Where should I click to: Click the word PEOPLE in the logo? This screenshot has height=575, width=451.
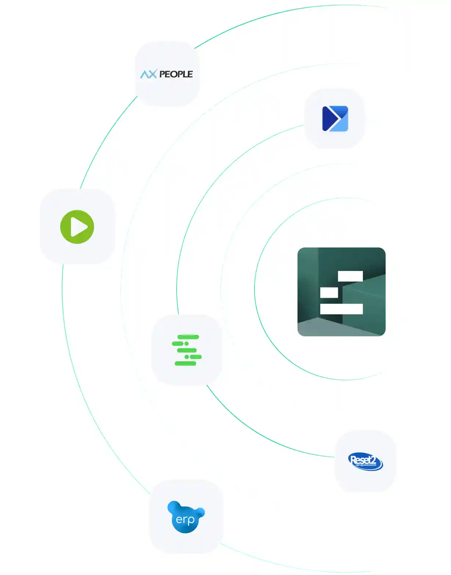coord(176,74)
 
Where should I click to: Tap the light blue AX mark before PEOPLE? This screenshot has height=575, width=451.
coord(148,74)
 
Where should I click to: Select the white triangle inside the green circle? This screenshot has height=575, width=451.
coord(78,227)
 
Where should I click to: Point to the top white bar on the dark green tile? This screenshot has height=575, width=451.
coord(350,276)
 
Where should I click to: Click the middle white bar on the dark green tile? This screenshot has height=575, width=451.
coord(329,293)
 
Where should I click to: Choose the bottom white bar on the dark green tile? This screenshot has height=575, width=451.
coord(341,309)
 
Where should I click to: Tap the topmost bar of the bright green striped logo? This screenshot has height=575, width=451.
coord(188,337)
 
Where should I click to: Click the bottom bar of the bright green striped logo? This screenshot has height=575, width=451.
coord(185,364)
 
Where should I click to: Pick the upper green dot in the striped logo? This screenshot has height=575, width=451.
coord(187,344)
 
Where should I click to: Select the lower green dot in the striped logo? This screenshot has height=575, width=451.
coord(187,357)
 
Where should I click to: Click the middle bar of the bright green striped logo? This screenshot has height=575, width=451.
coord(187,350)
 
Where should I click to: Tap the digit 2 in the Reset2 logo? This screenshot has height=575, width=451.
coord(373,460)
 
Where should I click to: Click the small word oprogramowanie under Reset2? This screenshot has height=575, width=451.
coord(366,465)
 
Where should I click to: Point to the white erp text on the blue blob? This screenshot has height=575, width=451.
coord(185,520)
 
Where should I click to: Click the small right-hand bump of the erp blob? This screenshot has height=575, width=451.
coord(201,512)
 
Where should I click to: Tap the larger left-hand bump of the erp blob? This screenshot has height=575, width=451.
coord(174,507)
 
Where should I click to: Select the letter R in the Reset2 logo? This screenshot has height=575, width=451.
coord(354,459)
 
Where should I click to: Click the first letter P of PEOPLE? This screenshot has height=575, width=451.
coord(162,74)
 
